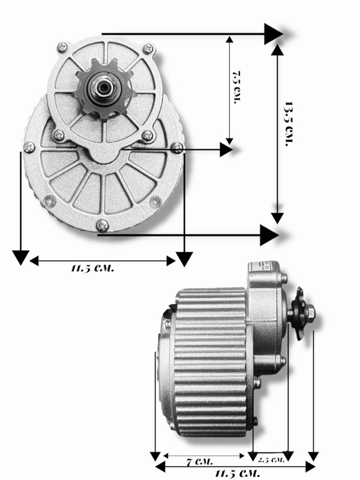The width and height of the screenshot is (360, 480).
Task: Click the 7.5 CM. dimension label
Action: [237, 88]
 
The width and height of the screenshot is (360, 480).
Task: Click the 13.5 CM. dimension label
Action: [289, 124]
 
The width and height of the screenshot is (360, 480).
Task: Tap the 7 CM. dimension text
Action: [200, 461]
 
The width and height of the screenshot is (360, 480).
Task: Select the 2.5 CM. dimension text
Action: [271, 460]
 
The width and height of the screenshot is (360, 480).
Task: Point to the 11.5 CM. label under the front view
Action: [92, 269]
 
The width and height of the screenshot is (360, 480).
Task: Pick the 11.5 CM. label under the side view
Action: [237, 474]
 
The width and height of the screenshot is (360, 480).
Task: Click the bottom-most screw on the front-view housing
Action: [102, 226]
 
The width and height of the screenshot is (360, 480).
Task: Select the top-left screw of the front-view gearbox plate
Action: [62, 47]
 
